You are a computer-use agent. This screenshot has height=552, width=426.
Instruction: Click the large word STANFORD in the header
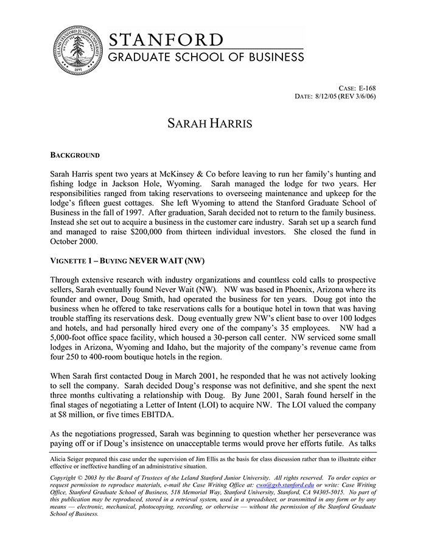(166, 40)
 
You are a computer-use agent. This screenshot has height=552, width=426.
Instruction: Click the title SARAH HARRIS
(209, 124)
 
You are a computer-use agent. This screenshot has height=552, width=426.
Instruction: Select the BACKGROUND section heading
(75, 155)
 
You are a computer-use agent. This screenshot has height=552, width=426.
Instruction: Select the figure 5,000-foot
(71, 339)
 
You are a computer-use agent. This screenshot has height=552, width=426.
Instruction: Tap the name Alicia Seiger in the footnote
(66, 456)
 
